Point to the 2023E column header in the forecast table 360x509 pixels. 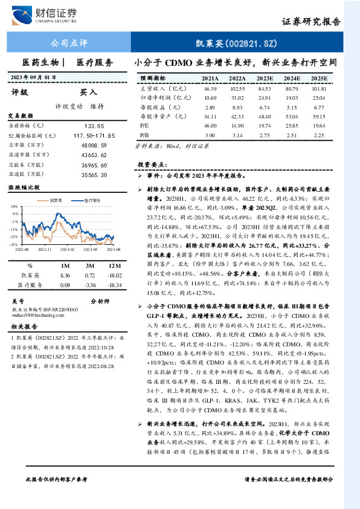pos(264,79)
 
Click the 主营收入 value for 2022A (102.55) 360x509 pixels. pos(237,89)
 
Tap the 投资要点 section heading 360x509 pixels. pos(151,164)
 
